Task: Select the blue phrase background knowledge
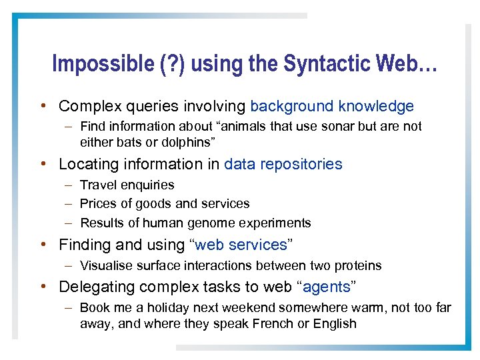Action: tap(332, 106)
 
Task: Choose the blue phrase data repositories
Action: tap(283, 164)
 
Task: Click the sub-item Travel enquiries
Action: tap(127, 185)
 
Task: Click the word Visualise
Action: tap(107, 265)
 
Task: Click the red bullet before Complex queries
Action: tap(43, 106)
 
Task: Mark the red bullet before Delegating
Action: tap(43, 287)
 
